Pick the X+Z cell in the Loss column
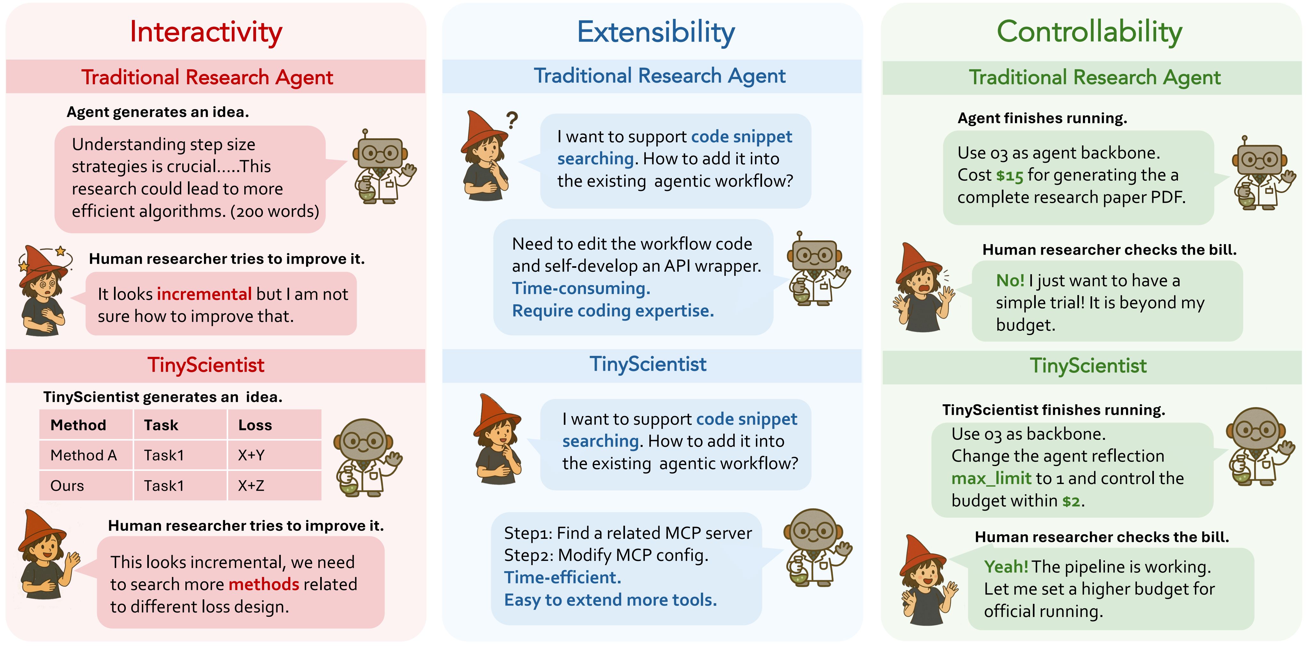pyautogui.click(x=251, y=485)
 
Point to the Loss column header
pyautogui.click(x=255, y=425)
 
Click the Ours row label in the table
pyautogui.click(x=67, y=485)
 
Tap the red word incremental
pyautogui.click(x=204, y=294)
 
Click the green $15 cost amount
pyautogui.click(x=1010, y=176)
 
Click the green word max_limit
pyautogui.click(x=991, y=478)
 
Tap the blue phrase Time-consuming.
pyautogui.click(x=581, y=288)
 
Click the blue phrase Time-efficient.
pyautogui.click(x=562, y=577)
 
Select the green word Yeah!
pyautogui.click(x=1006, y=566)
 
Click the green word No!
pyautogui.click(x=1010, y=280)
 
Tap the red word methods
pyautogui.click(x=264, y=584)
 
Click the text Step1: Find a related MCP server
pyautogui.click(x=628, y=533)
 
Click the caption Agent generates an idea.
pyautogui.click(x=158, y=112)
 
